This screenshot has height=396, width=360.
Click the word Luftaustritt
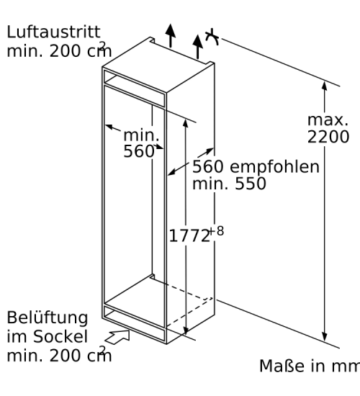click(53, 32)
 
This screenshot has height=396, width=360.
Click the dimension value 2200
click(328, 137)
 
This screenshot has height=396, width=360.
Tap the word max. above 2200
click(328, 120)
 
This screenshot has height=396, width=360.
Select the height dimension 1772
click(189, 236)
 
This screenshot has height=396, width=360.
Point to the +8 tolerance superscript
click(217, 231)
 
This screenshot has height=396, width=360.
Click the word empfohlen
click(274, 167)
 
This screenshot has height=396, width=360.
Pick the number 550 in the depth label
click(251, 184)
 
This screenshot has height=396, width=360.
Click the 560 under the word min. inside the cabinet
click(139, 151)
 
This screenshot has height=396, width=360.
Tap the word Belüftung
click(48, 318)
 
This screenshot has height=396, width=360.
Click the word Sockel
click(60, 336)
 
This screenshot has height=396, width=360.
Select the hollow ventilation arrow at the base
click(117, 337)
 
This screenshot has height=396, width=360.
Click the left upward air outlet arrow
click(171, 35)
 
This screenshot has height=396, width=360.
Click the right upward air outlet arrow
click(197, 47)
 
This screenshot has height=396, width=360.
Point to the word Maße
click(282, 366)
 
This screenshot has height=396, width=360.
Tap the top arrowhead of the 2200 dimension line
click(325, 86)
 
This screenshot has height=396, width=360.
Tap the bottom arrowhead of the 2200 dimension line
click(325, 337)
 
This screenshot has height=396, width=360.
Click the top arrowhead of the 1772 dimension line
click(186, 124)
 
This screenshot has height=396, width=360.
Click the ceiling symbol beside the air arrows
click(212, 37)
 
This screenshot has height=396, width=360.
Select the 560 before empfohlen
click(208, 167)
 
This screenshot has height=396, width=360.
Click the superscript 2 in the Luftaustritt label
click(102, 45)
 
